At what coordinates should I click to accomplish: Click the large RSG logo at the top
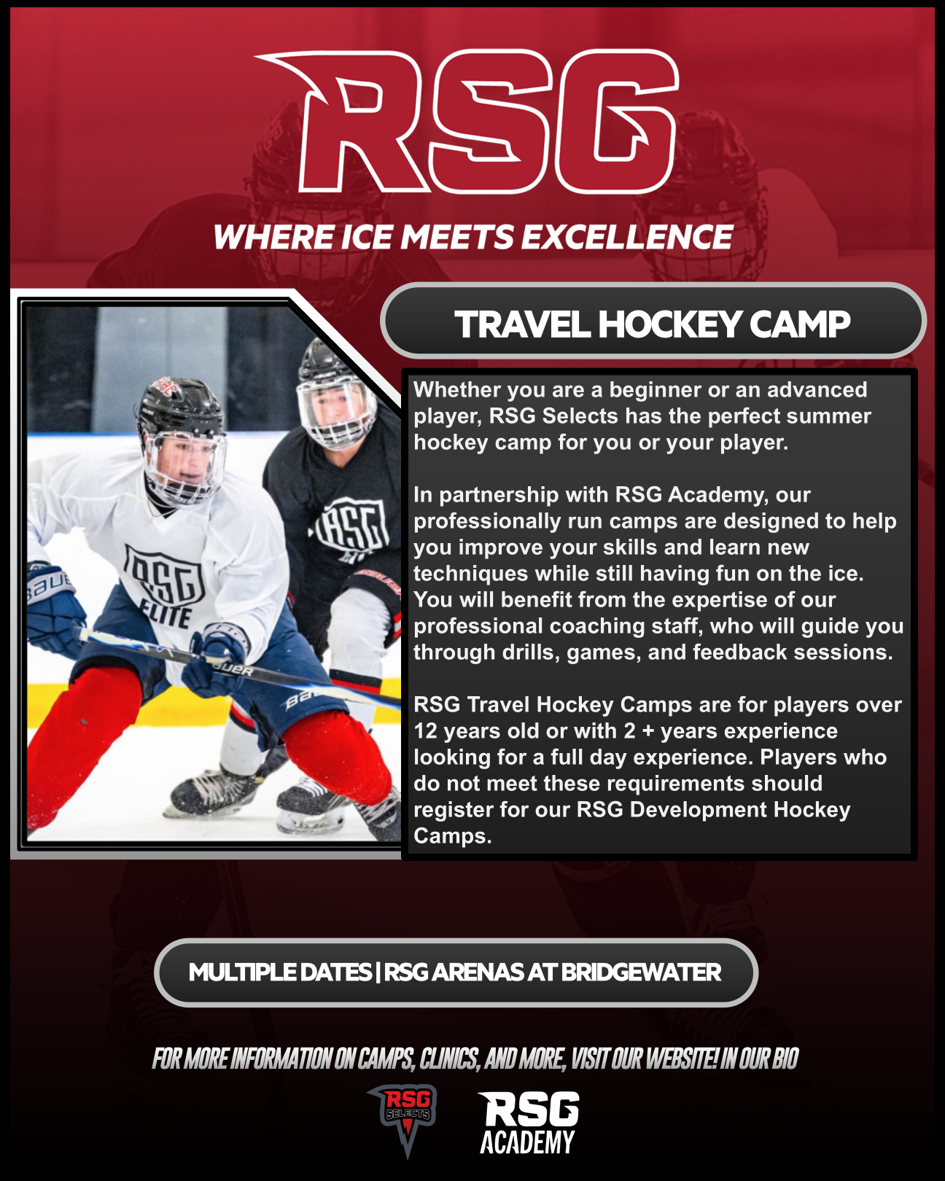(x=467, y=121)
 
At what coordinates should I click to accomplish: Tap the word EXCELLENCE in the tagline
(x=626, y=237)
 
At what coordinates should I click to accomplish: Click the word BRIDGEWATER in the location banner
(x=640, y=973)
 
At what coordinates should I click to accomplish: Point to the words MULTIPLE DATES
(x=280, y=973)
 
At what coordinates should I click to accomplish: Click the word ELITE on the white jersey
(x=166, y=614)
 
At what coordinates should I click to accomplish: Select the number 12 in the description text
(x=425, y=731)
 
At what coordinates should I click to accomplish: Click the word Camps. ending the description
(x=453, y=837)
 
